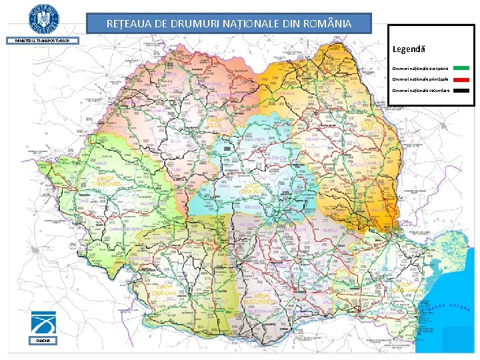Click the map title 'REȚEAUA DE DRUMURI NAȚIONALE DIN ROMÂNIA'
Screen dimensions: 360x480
229,24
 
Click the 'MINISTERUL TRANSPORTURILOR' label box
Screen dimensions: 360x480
43,41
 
